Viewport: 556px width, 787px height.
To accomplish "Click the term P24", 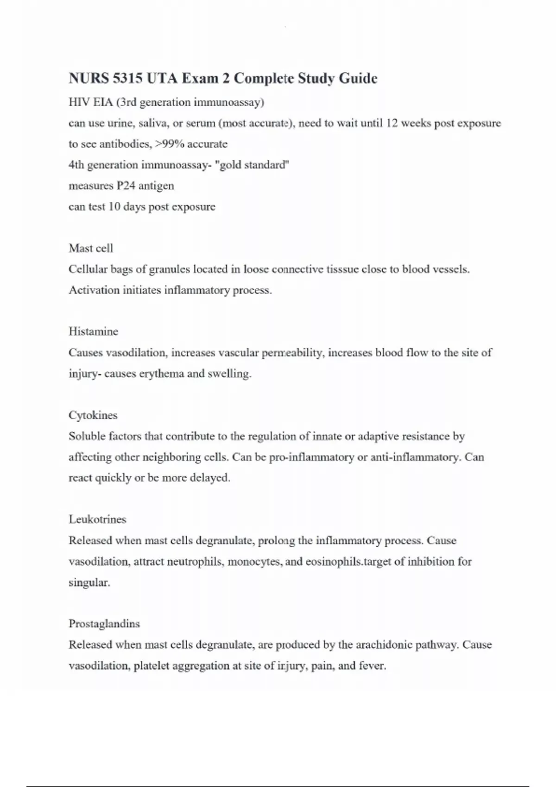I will click(126, 186).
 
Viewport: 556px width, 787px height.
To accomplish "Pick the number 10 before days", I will click(114, 206).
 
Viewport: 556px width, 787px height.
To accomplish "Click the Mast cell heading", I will click(91, 248).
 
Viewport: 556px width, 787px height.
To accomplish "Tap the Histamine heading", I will click(93, 331).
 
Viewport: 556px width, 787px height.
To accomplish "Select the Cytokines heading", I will click(93, 415).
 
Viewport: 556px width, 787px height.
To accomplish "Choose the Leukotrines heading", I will click(97, 519).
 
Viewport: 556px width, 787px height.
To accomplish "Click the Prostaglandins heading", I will click(104, 624).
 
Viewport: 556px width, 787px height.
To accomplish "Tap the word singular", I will click(89, 582).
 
